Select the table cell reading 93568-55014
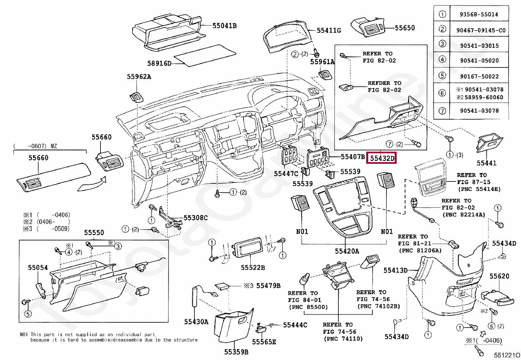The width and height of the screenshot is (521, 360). point(479,14)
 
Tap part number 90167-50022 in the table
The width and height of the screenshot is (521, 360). point(479,76)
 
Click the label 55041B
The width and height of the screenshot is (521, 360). point(224,26)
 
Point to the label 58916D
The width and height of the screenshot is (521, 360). point(159,63)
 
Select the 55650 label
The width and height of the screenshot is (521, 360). point(404,28)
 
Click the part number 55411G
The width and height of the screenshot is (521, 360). point(329,30)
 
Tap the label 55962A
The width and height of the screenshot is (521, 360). point(139,77)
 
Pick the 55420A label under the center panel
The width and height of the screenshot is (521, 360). point(347,251)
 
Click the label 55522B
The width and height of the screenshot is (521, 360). point(253,268)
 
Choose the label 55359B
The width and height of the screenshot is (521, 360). point(236,352)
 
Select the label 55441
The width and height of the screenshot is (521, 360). point(486,163)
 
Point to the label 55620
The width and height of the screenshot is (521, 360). point(499,276)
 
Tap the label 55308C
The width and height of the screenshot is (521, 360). point(195,218)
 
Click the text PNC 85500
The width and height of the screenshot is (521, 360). point(308,307)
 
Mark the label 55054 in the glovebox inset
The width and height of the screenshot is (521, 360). point(38,268)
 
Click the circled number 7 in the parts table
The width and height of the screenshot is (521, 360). point(442,111)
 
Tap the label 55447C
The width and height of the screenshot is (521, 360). point(286,174)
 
